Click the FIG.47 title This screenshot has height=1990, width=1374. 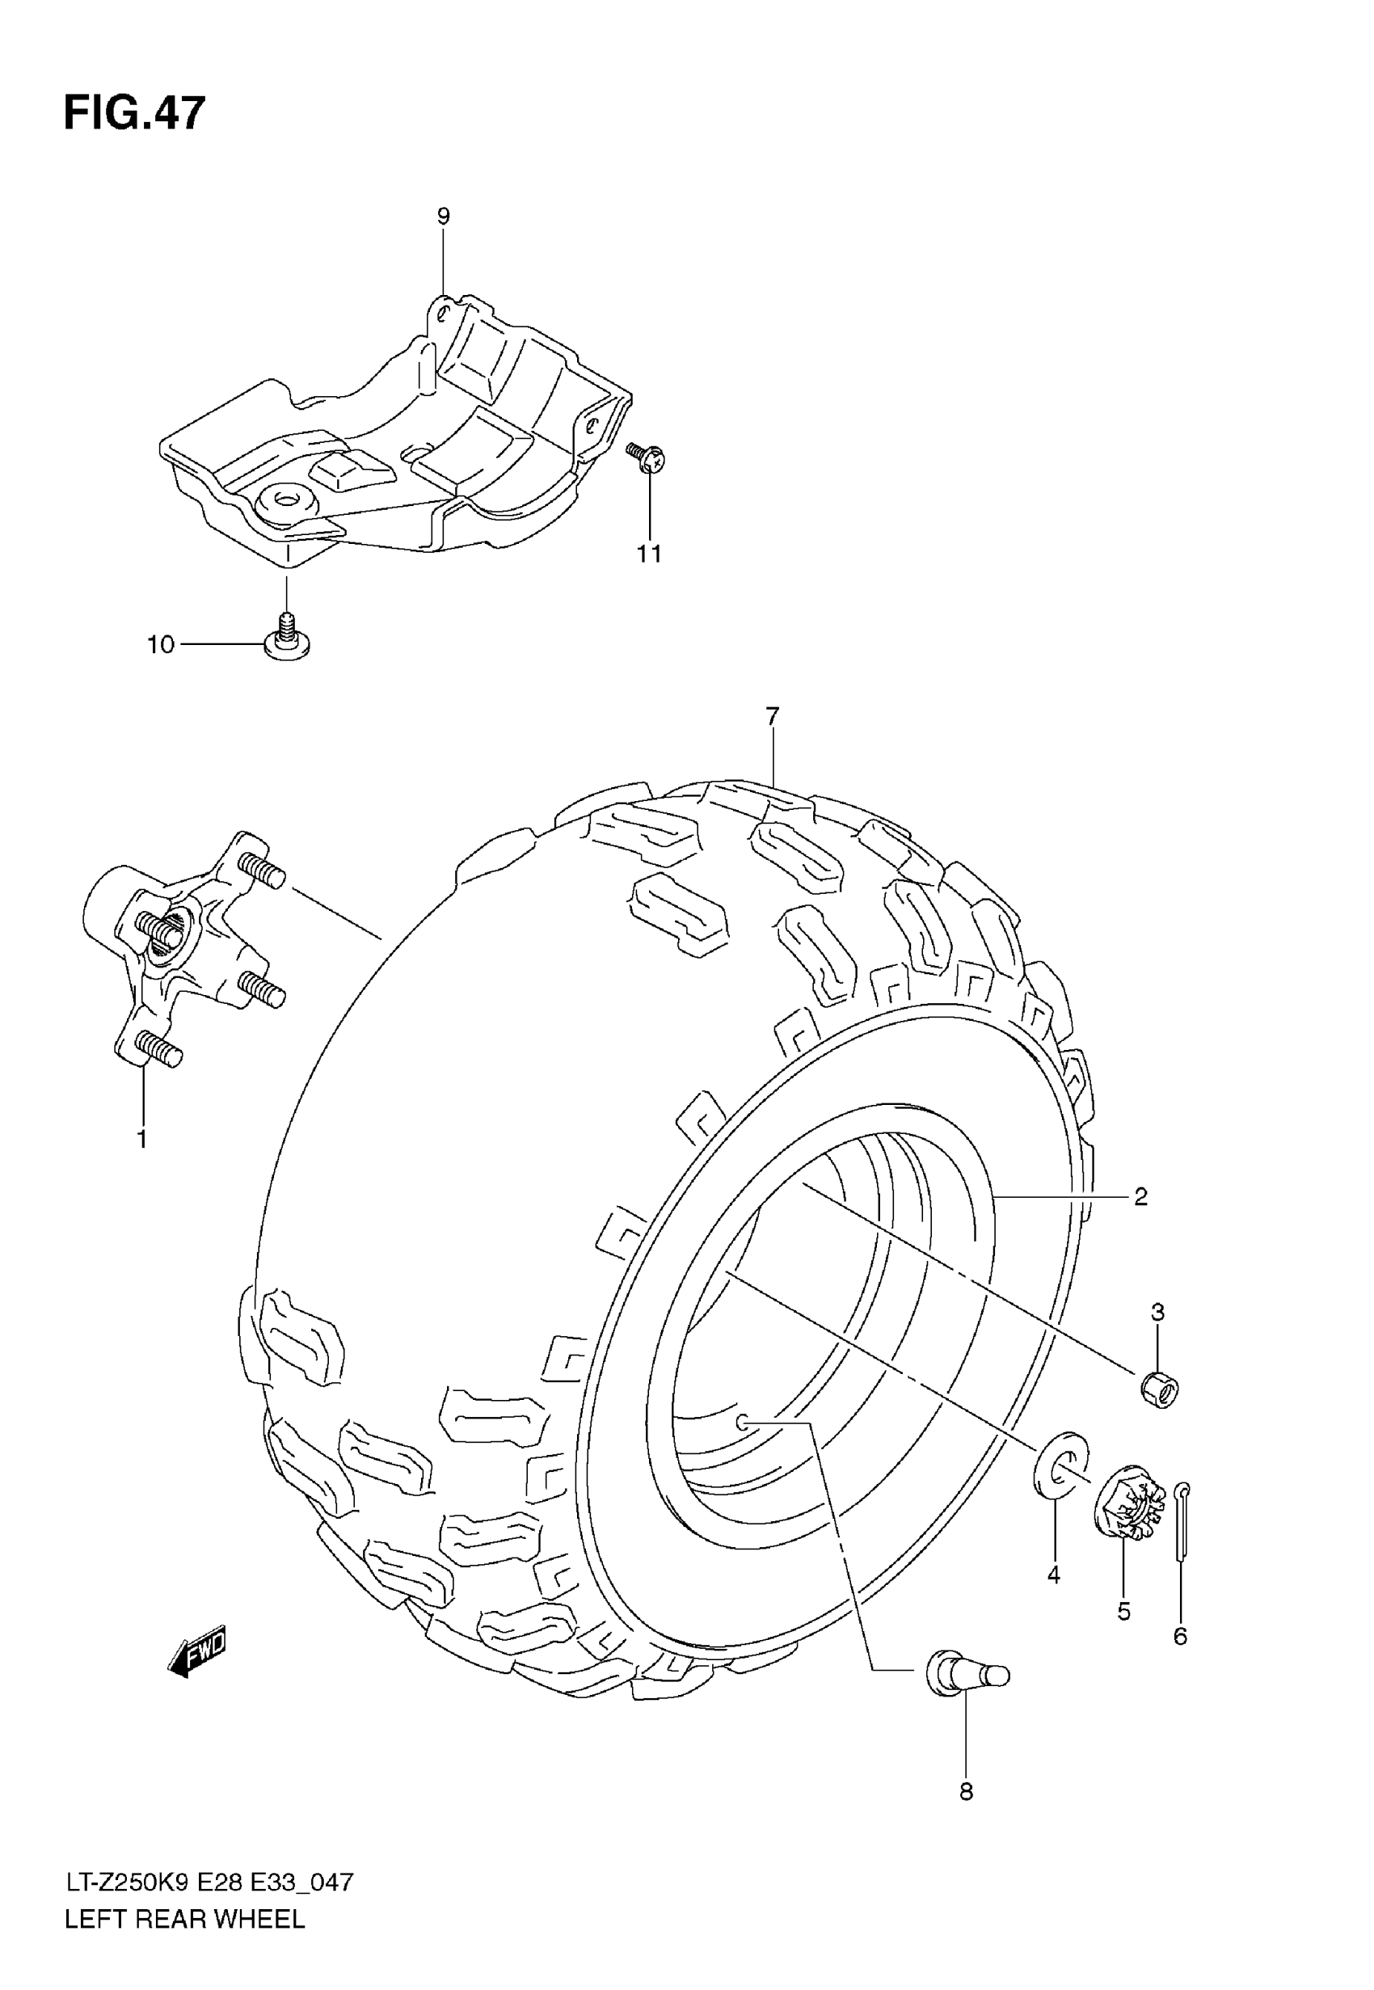(135, 114)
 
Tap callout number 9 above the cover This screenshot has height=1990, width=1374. (444, 216)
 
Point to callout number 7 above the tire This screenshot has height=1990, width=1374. (771, 716)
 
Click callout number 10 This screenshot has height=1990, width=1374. (161, 645)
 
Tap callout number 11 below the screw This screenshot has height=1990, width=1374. (649, 554)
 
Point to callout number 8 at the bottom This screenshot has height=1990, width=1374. (966, 1792)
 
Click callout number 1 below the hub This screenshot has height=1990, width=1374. (142, 1140)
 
